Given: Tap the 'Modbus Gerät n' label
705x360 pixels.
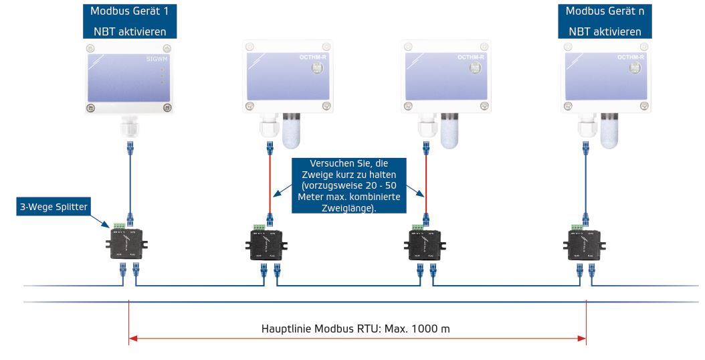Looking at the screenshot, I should click(605, 11).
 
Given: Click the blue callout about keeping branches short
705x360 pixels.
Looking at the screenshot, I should click(348, 185).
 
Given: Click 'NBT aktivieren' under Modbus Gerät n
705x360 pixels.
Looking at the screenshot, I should click(605, 31).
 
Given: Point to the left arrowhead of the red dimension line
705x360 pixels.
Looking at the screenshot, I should click(132, 339).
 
